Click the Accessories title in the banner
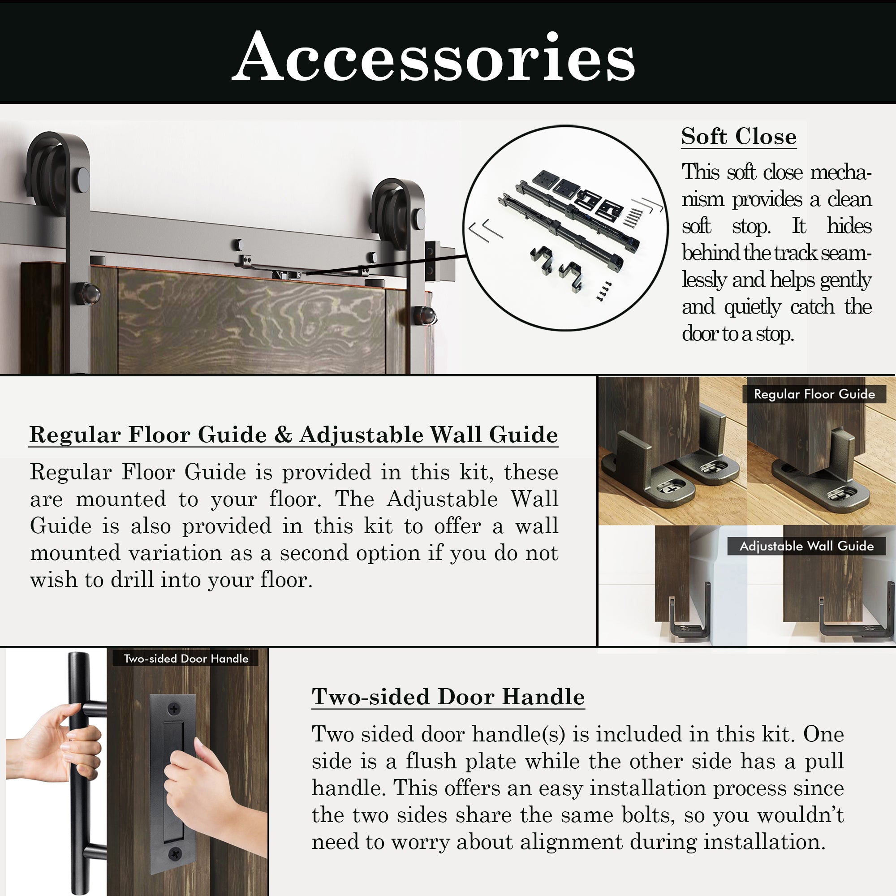(433, 56)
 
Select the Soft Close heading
(738, 136)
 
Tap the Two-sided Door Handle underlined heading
(448, 697)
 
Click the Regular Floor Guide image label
(814, 394)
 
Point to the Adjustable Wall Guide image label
(806, 546)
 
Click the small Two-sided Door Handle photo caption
(186, 659)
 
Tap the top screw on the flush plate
(174, 709)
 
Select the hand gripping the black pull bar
(60, 747)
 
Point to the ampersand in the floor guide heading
(282, 435)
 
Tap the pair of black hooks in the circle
(556, 264)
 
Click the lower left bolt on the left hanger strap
(90, 293)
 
